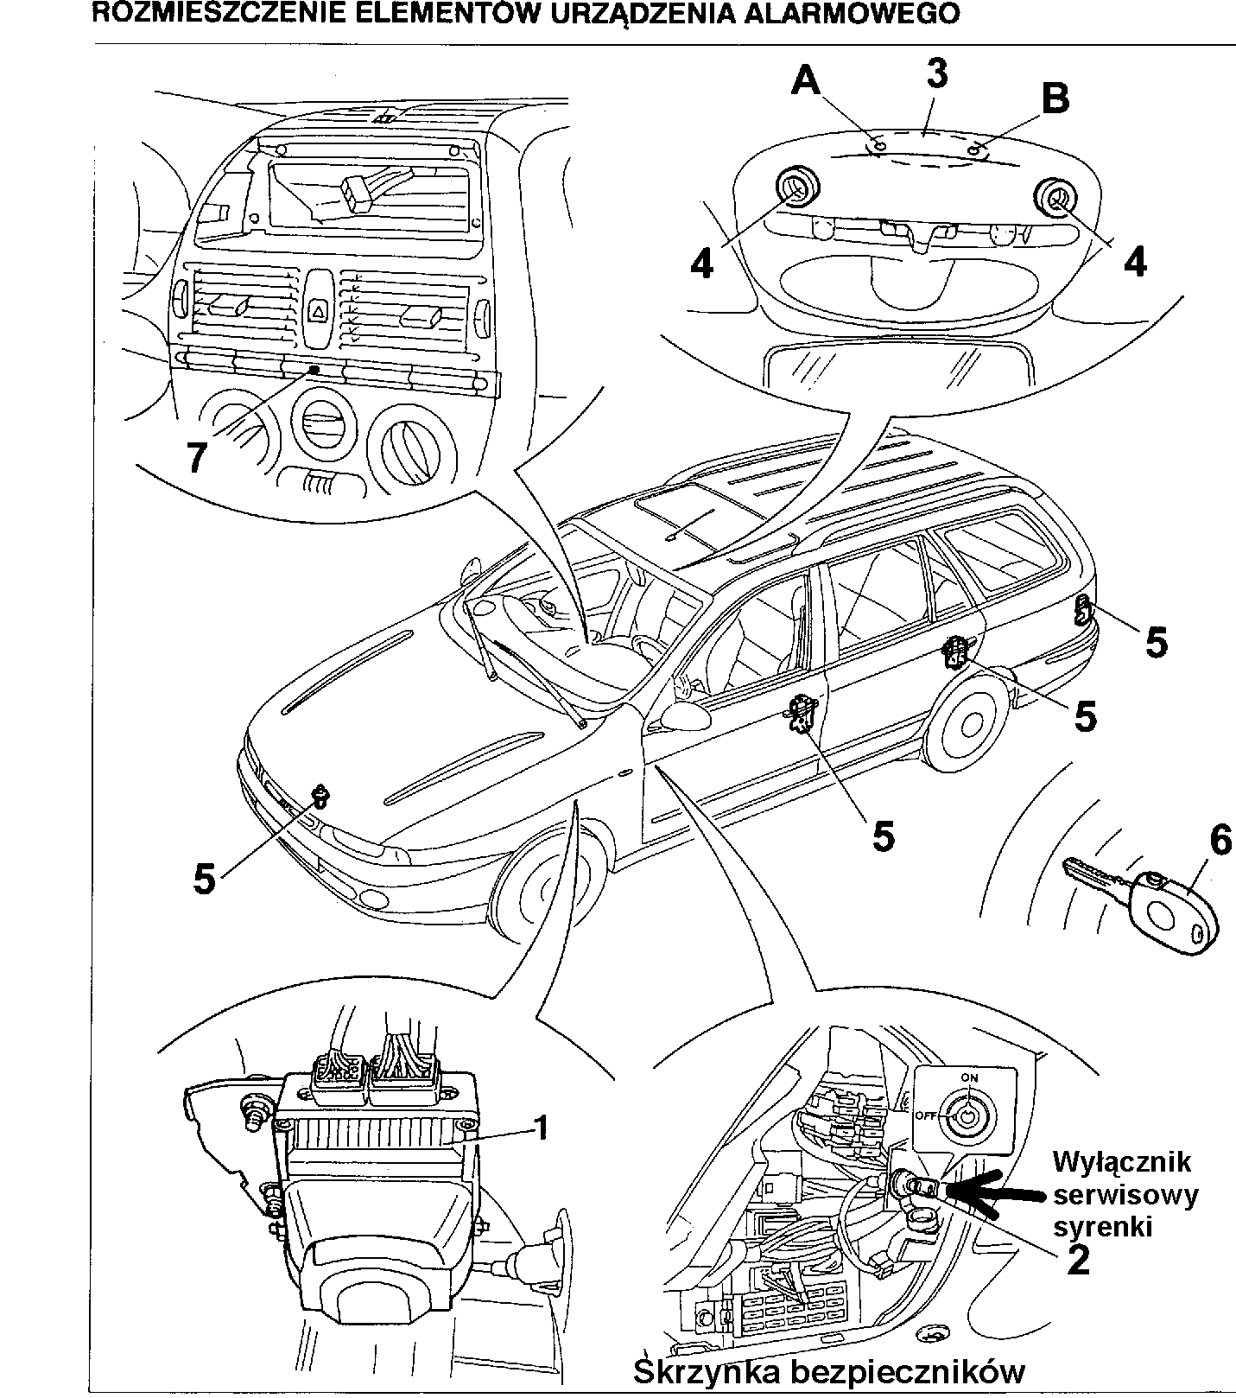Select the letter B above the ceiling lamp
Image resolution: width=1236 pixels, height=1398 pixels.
coord(1055,98)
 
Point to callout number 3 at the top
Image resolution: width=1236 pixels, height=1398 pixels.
coord(936,74)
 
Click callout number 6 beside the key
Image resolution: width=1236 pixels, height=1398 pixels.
coord(1219,841)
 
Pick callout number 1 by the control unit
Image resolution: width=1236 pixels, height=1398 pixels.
coord(541,1127)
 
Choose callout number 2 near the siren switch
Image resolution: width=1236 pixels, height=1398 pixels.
coord(1077,1261)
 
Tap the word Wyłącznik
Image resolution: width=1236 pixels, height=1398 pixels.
coord(1121,1162)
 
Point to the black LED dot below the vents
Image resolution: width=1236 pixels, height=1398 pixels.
coord(313,370)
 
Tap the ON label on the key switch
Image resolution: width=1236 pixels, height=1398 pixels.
coord(969,1078)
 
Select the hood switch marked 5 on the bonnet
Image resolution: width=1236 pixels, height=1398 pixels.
coord(320,795)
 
